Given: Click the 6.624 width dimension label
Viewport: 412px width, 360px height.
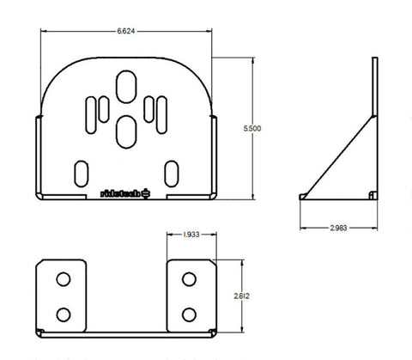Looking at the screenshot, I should (x=125, y=30).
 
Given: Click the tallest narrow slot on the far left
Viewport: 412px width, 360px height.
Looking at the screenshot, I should (x=90, y=113).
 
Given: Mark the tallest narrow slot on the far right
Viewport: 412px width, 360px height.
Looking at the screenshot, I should (x=161, y=113).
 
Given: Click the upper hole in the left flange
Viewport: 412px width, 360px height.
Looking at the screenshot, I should (x=64, y=281).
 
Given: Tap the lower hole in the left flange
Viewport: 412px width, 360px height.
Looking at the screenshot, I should (x=64, y=312).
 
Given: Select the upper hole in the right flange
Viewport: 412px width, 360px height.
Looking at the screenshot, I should (x=189, y=281).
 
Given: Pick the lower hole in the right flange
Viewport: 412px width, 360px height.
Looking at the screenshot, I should (x=189, y=312).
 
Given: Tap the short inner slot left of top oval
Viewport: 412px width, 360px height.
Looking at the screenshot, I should (x=104, y=108).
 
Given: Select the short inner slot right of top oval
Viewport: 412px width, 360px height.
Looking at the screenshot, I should (x=148, y=108).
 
